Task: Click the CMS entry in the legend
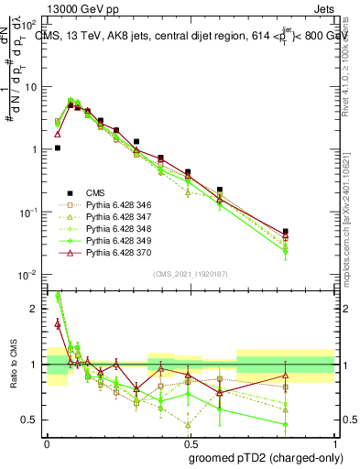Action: tap(95, 192)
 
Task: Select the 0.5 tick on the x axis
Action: tap(191, 442)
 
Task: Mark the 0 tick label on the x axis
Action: tap(47, 442)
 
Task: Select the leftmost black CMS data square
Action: tap(57, 147)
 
